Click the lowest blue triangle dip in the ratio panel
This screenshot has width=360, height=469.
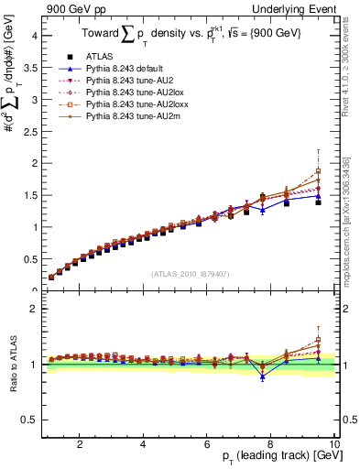(x=262, y=376)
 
